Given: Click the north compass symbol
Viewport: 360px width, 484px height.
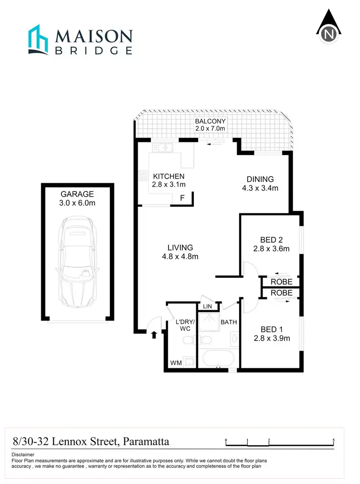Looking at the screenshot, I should (329, 28).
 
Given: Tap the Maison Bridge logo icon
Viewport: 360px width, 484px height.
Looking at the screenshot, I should (39, 39).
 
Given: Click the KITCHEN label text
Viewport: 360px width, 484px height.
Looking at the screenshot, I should (169, 176).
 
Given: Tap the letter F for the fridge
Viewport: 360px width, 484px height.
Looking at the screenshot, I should (182, 198).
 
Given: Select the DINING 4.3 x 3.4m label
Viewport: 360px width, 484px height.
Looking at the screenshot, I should (260, 184).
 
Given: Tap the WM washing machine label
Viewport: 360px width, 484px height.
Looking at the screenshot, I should (176, 363).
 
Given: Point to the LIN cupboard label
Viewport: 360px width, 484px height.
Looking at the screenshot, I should (208, 307).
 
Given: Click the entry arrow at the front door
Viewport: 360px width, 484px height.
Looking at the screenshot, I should (154, 334).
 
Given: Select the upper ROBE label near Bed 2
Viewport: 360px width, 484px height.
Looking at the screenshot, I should (281, 282).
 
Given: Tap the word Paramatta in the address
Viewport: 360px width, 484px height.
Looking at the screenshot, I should (146, 441).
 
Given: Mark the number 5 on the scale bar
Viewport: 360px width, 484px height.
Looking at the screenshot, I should (333, 440).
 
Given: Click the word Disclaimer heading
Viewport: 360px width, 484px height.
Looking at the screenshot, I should (23, 454).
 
